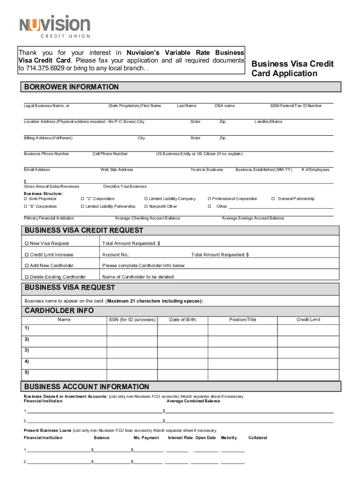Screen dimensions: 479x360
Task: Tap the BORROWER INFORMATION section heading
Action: [72, 87]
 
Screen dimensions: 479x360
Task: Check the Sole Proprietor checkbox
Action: [26, 199]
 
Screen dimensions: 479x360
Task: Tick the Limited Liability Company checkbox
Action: [146, 199]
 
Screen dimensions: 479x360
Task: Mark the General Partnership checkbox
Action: [274, 199]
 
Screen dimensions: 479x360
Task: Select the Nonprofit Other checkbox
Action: [146, 206]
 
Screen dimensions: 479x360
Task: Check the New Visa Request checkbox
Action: [27, 243]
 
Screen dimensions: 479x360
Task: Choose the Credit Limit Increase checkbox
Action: [27, 254]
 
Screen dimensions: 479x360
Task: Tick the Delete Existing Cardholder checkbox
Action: [27, 277]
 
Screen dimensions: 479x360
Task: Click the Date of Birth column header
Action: [182, 319]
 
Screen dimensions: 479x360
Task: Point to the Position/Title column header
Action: [243, 319]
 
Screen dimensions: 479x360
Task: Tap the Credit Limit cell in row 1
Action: [308, 330]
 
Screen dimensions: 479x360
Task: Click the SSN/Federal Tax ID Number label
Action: [296, 106]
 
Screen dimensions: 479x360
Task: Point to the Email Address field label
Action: [37, 170]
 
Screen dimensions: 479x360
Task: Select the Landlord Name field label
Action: [268, 122]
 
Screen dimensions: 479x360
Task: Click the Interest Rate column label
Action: [180, 438]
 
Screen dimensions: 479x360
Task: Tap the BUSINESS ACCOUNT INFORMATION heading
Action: [86, 387]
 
